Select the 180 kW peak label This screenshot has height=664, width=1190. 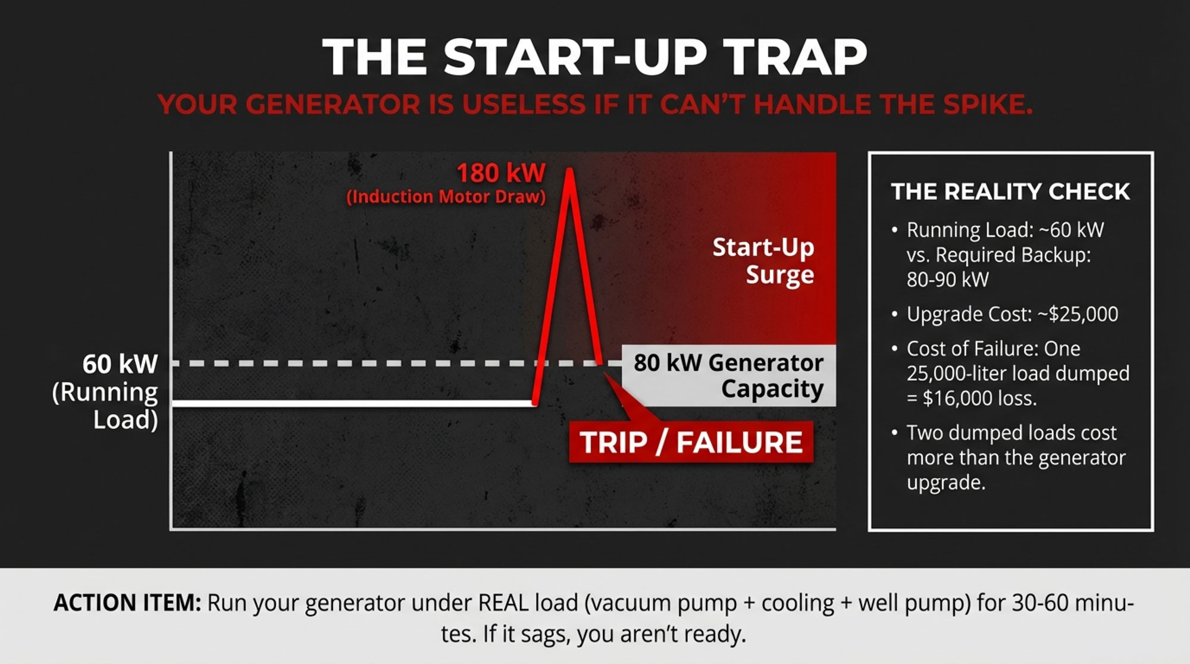501,173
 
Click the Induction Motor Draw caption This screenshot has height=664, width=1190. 446,197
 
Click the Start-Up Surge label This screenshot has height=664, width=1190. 763,261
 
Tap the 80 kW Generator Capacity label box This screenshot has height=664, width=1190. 728,375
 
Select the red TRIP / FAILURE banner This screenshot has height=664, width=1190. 691,442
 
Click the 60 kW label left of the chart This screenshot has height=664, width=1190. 120,364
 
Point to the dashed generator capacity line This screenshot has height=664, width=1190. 393,363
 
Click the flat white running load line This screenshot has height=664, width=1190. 353,403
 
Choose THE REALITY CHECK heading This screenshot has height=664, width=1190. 1010,192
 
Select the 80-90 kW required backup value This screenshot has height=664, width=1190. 948,280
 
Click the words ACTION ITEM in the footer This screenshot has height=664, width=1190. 127,603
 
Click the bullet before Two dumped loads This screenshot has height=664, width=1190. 894,433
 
